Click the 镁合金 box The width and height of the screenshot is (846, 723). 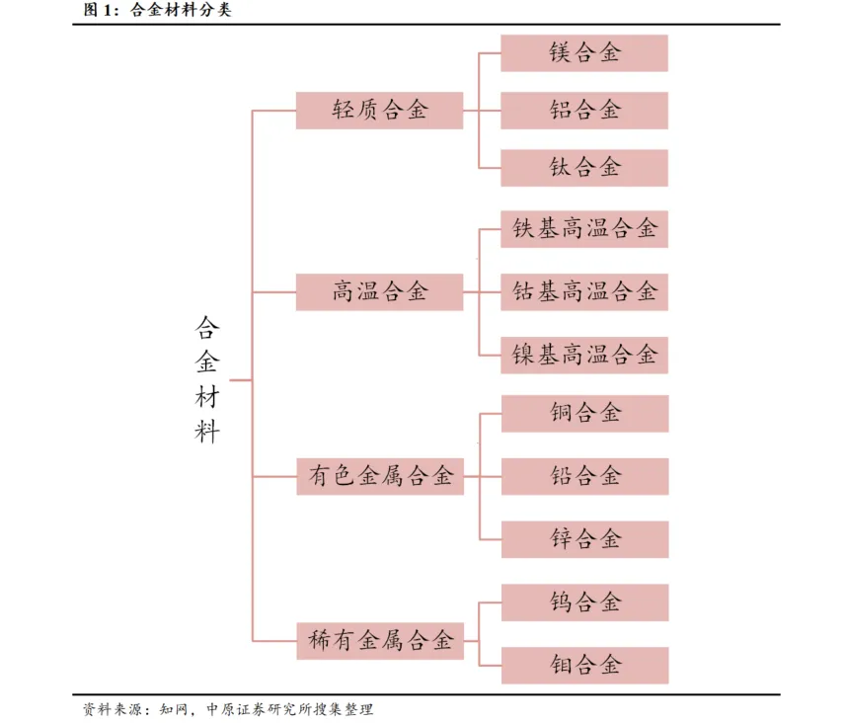(x=584, y=53)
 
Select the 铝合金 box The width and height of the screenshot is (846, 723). (x=584, y=111)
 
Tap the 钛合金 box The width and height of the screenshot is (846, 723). (x=584, y=168)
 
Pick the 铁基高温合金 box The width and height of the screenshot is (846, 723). (x=584, y=230)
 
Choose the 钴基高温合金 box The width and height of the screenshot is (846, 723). (x=584, y=292)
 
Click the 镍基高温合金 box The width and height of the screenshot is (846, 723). (x=584, y=355)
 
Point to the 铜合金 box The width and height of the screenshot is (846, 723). (x=584, y=414)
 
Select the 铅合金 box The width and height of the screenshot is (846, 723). (x=584, y=476)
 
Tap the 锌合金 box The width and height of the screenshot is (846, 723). (x=584, y=539)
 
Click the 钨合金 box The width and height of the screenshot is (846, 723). (x=584, y=602)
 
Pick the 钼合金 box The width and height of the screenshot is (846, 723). (x=584, y=665)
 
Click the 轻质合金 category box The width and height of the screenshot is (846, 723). (x=379, y=111)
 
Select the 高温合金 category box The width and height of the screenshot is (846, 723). (x=379, y=292)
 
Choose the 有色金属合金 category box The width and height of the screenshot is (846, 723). (x=379, y=477)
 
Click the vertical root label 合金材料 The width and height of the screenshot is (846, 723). (x=207, y=379)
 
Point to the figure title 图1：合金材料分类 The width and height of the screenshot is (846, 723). (x=159, y=12)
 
